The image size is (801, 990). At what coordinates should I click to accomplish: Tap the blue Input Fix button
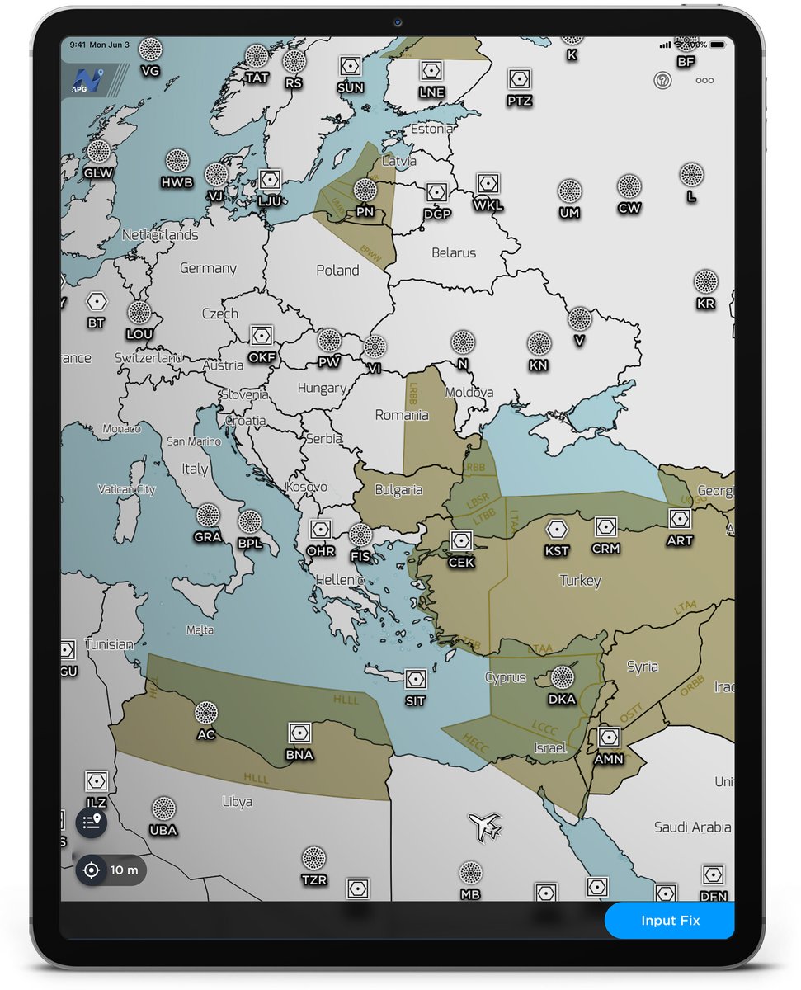coord(669,921)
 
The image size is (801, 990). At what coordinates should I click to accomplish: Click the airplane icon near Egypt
coord(485,826)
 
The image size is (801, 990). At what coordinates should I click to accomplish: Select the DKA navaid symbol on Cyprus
coord(562,678)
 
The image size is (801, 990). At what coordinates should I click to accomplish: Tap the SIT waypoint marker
coord(415,679)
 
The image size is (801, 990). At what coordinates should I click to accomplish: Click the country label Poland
coord(337,270)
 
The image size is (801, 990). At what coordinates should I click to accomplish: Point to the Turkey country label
coord(580,581)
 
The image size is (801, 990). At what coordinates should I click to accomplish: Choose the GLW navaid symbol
coord(99,152)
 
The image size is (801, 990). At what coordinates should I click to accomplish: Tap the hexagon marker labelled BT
coord(97,301)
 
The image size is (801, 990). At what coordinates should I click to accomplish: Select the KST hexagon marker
coord(558,529)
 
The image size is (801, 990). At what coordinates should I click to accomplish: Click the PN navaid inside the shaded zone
coord(365,191)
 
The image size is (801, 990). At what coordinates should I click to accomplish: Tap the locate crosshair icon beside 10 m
coord(92,870)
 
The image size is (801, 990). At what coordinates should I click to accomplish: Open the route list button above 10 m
coord(92,823)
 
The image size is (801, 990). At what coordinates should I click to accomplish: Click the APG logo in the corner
coord(84,79)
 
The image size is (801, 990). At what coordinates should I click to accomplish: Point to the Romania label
coord(402,415)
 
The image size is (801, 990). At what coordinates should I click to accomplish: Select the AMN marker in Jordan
coord(609,737)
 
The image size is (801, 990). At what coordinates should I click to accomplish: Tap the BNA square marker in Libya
coord(299,733)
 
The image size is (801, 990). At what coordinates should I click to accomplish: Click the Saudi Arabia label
coord(692,827)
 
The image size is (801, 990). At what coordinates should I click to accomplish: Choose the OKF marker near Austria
coord(262,335)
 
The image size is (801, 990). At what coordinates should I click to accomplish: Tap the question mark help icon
coord(662,80)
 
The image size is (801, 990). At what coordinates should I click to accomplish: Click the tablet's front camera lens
coord(397,22)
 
